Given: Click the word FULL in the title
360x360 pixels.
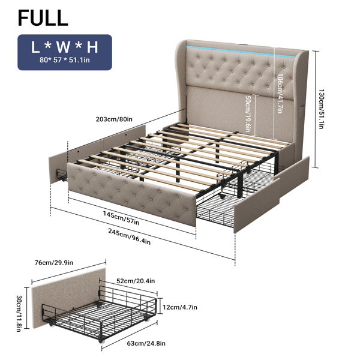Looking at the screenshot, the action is tap(43, 17).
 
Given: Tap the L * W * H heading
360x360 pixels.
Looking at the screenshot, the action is tap(65, 47).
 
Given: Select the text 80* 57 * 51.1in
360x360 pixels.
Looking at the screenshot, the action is tap(65, 60).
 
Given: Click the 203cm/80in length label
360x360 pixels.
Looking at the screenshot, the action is tap(114, 119).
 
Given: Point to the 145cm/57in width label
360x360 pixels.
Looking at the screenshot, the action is tap(121, 218).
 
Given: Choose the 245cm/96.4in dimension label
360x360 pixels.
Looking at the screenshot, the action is tap(129, 236).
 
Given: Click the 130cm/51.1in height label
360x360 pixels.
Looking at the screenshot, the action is tap(321, 109).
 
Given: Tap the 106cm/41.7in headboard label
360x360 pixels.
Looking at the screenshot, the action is tap(280, 93).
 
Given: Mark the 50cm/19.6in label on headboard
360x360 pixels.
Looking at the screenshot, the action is tap(247, 114).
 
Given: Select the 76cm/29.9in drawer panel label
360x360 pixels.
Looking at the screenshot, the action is tap(54, 262).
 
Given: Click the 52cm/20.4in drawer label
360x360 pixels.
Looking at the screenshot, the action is tap(136, 281).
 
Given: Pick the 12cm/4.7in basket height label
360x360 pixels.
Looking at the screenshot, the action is tap(180, 307).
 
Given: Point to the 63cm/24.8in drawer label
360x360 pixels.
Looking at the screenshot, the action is tap(146, 343).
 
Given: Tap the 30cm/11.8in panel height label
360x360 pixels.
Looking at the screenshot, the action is tap(19, 313).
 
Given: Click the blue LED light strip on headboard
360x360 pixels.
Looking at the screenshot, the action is tap(241, 51).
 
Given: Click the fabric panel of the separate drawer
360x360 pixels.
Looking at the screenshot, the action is tap(68, 296).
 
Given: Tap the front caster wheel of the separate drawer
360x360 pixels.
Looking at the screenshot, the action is tap(100, 341).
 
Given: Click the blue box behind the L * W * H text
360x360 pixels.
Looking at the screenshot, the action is tap(65, 52).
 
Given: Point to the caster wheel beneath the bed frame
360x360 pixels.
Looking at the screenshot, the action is tap(221, 196).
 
